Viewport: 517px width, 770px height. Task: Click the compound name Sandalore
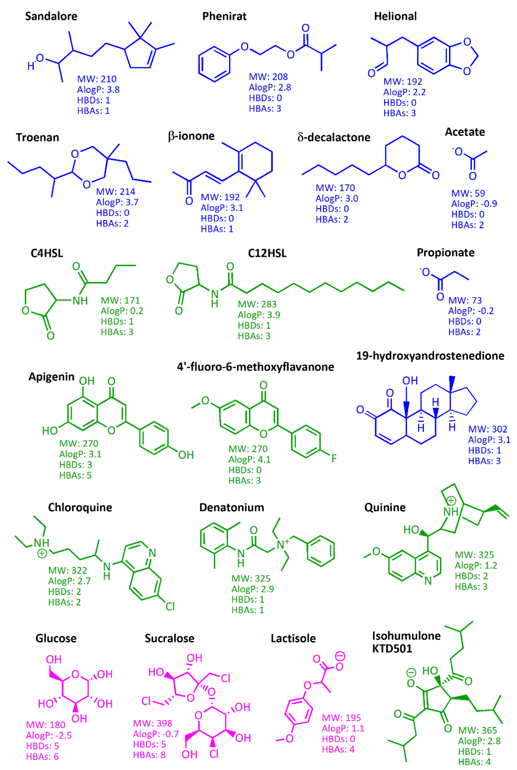[51, 16]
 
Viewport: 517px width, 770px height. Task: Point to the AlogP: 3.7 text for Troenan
[117, 202]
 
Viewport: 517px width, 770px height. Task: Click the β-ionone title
[191, 136]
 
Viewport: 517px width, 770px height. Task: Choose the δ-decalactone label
[334, 137]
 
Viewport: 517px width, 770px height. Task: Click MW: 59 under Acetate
[468, 193]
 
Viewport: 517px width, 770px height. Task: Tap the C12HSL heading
[267, 253]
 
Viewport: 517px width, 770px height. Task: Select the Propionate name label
[445, 252]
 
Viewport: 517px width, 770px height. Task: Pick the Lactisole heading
[293, 638]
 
